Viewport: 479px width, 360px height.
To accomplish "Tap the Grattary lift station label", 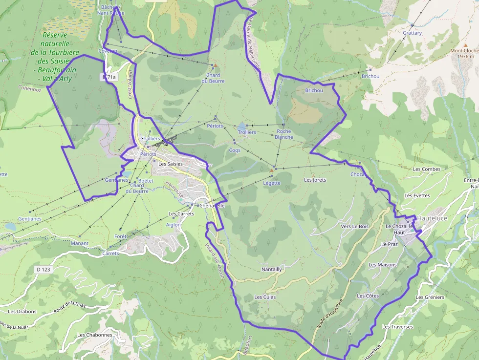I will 412,33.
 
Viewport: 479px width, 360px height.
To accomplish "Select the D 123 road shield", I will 44,269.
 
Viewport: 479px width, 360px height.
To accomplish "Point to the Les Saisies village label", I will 170,164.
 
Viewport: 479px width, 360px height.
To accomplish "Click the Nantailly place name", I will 272,269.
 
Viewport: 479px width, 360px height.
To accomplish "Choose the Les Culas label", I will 265,297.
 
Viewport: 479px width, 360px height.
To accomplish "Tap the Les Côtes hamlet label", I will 368,296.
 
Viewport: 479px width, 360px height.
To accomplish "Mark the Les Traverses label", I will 397,327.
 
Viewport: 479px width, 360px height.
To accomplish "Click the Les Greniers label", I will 430,297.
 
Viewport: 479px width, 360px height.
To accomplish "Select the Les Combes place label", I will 426,169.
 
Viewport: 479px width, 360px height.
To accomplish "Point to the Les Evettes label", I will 417,195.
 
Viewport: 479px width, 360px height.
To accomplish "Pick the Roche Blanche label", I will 283,134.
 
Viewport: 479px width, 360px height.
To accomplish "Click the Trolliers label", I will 247,132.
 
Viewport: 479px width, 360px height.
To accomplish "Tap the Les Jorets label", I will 315,180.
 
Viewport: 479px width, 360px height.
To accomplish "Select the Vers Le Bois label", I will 354,227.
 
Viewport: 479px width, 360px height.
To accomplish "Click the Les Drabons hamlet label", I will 22,311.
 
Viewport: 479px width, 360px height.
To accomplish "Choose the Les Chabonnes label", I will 94,335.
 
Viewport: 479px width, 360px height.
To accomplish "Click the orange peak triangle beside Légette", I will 271,170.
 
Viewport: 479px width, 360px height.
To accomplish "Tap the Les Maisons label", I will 383,265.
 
